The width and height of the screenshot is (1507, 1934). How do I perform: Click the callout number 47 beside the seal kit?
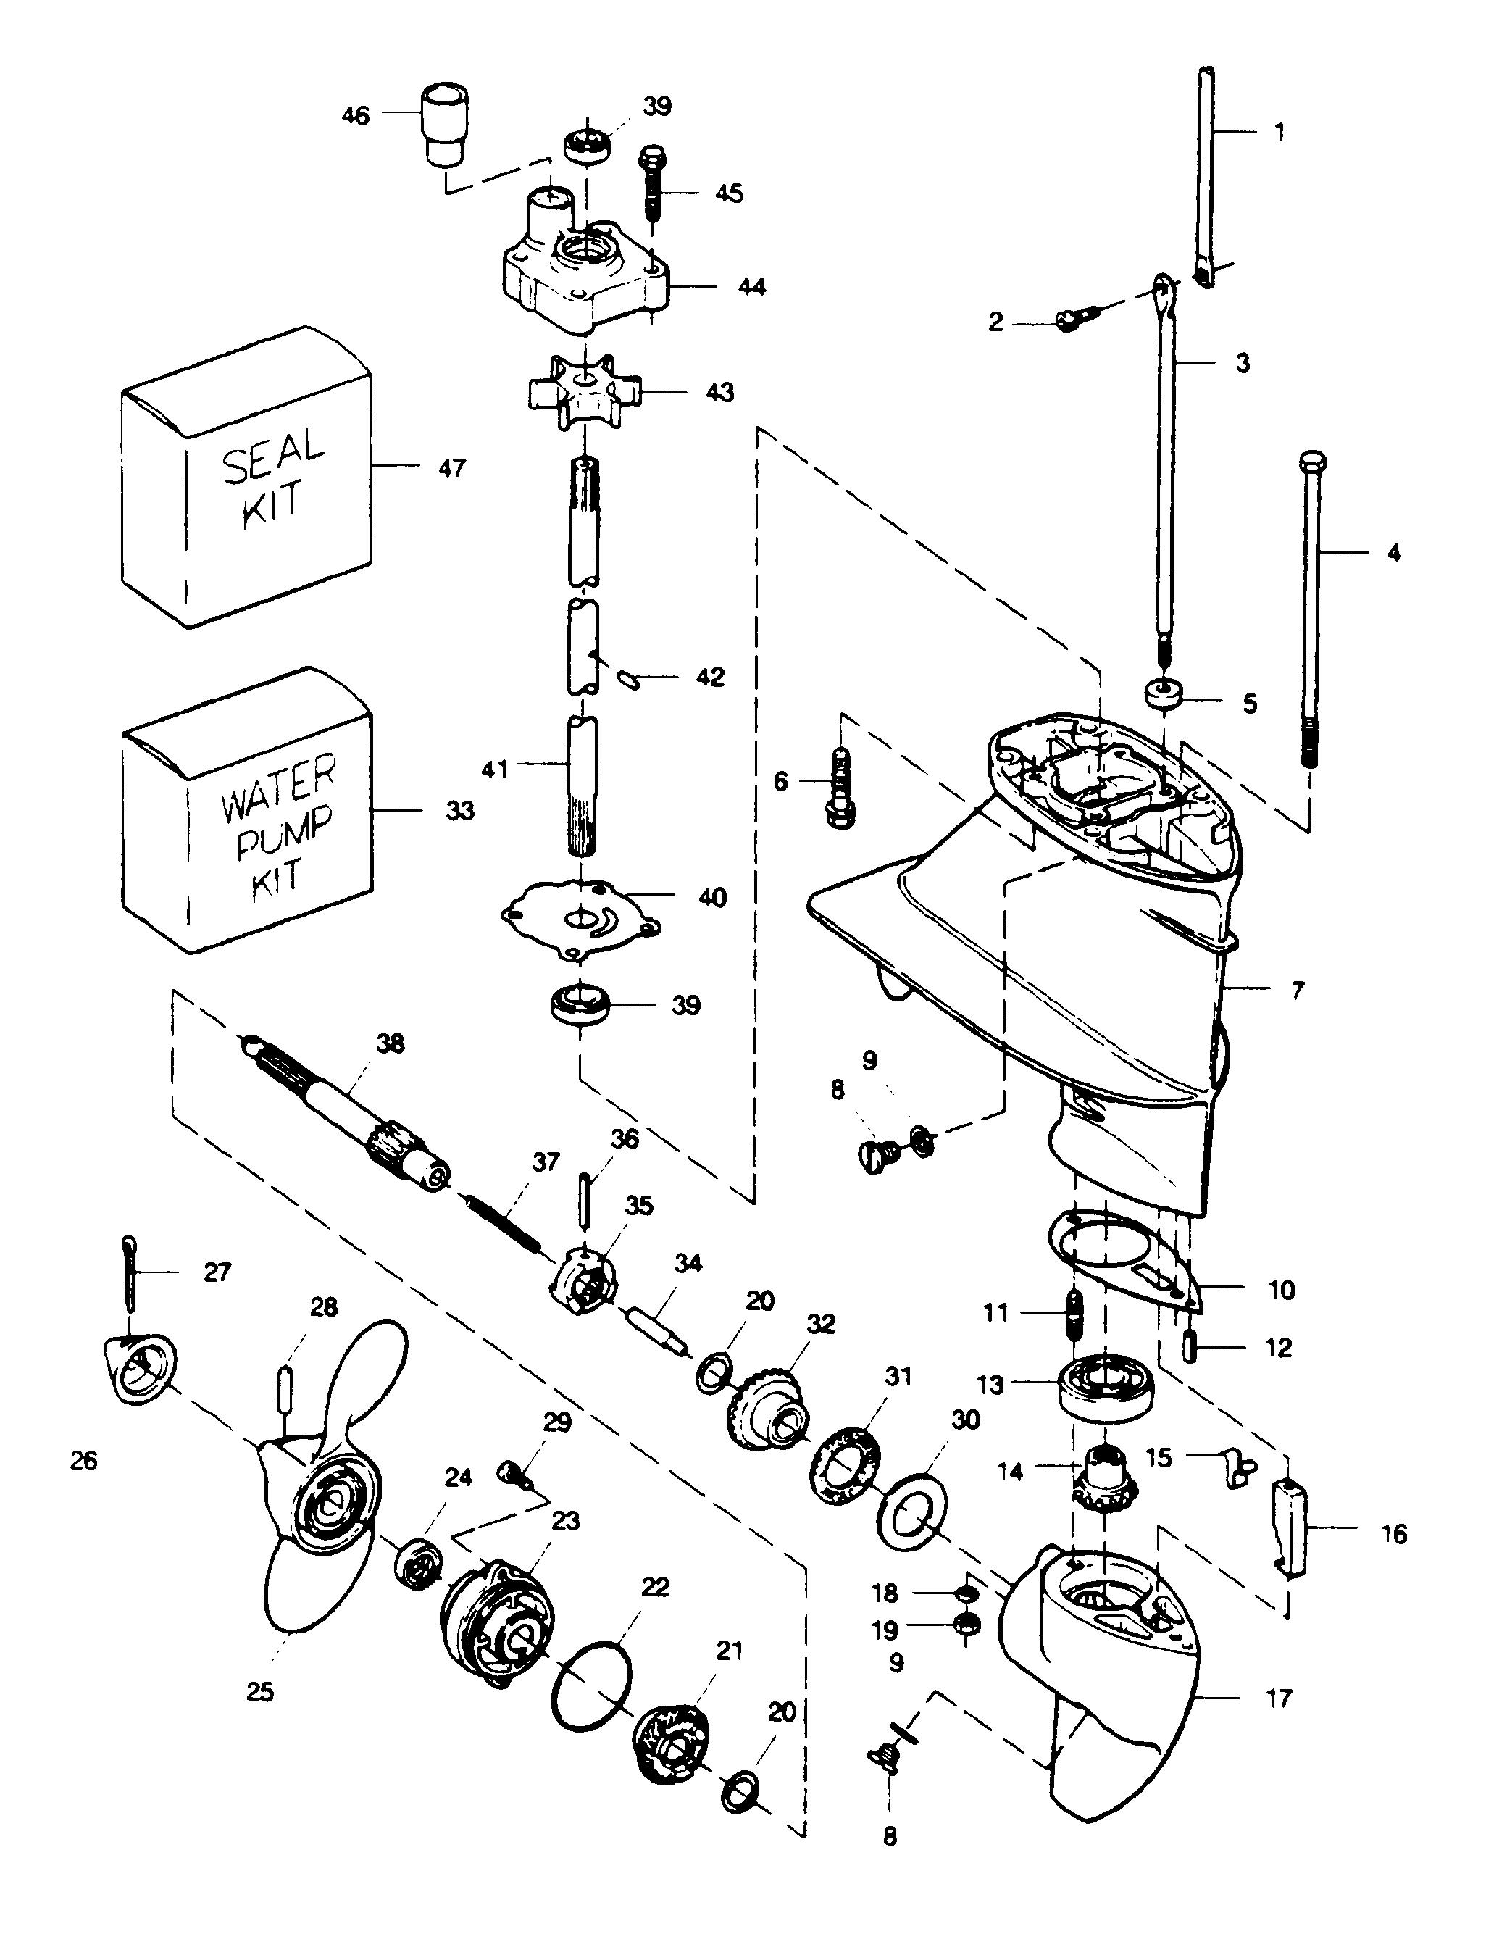451,467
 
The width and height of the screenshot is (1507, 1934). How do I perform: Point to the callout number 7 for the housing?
1297,990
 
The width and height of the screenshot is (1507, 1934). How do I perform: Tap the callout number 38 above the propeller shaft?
391,1044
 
